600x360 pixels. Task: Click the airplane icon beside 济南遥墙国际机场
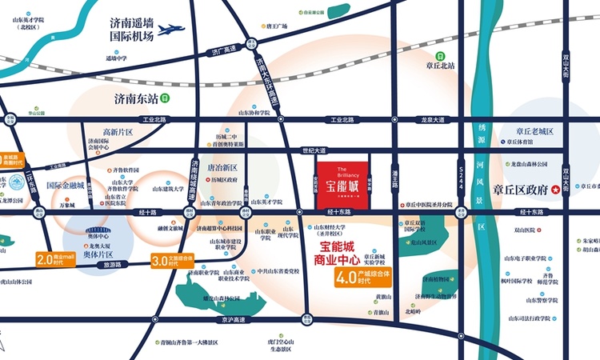tap(170, 30)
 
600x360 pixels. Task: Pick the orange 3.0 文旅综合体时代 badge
tap(173, 260)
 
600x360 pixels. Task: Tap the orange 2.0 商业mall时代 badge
tap(55, 259)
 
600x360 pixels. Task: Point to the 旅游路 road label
tap(113, 264)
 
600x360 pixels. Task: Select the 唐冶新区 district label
tap(223, 168)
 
